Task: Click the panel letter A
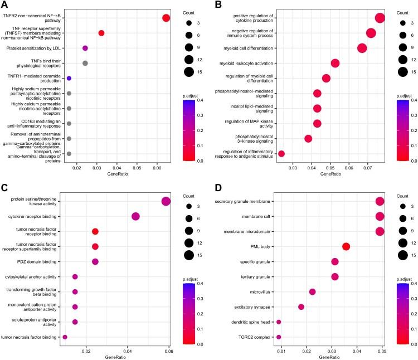6,6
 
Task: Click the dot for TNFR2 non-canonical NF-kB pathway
166,18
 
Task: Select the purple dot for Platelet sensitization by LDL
85,48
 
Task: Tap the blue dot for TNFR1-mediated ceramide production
69,79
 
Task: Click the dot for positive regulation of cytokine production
380,18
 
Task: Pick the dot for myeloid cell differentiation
362,48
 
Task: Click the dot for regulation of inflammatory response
281,154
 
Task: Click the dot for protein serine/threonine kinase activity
166,201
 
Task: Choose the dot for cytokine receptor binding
135,216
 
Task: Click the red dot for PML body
346,247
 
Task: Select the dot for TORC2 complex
279,337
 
